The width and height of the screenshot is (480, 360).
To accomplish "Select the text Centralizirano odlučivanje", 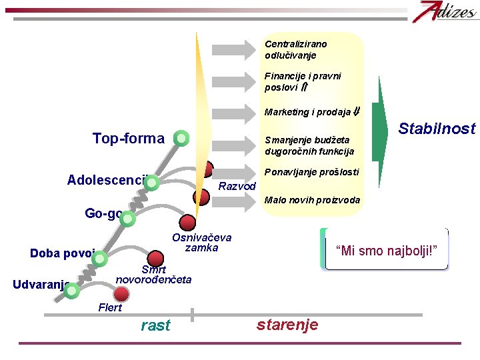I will point(295,49).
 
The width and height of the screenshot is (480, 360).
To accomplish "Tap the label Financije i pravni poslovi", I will point(302,81).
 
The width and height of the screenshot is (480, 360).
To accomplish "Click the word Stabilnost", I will point(437,129).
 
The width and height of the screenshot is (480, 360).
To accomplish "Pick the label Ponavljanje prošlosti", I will point(311,172).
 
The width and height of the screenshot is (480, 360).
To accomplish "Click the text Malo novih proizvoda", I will point(312,200).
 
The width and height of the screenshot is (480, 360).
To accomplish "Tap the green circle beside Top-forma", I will point(180,139).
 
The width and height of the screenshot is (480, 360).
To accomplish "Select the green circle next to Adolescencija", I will point(152,183).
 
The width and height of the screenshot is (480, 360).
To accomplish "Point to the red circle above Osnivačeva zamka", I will point(188,222).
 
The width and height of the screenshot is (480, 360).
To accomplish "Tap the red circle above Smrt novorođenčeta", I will point(155,258).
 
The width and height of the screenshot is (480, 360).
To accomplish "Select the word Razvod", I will point(237,186).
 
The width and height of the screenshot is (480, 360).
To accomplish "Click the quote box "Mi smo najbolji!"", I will point(386,250).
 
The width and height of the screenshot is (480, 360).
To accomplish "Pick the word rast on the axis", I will point(155,325).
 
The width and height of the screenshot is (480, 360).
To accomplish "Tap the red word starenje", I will point(287,325).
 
